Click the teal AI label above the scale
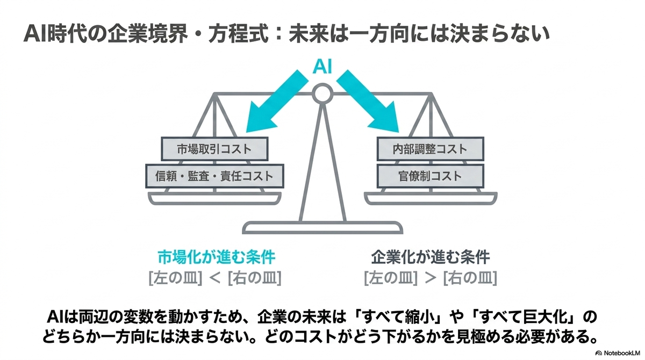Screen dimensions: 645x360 [x=322, y=67]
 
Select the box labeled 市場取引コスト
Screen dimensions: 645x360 [x=214, y=149]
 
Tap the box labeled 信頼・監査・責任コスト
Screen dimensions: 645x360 [x=214, y=176]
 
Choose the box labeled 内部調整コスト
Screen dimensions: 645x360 [x=430, y=149]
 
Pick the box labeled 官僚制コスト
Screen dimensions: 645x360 [x=430, y=176]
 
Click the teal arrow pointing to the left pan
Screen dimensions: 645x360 [x=276, y=102]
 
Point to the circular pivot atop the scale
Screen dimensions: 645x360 [x=322, y=93]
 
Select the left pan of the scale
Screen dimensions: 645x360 [x=214, y=199]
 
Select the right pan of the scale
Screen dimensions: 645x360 [x=431, y=199]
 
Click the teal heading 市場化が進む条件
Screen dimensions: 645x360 [x=217, y=257]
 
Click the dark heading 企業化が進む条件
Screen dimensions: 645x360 [x=430, y=257]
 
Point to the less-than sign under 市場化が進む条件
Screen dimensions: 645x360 [x=214, y=278]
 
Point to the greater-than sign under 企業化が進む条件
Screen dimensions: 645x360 [x=431, y=278]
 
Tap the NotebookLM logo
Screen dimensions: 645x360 [x=619, y=353]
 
